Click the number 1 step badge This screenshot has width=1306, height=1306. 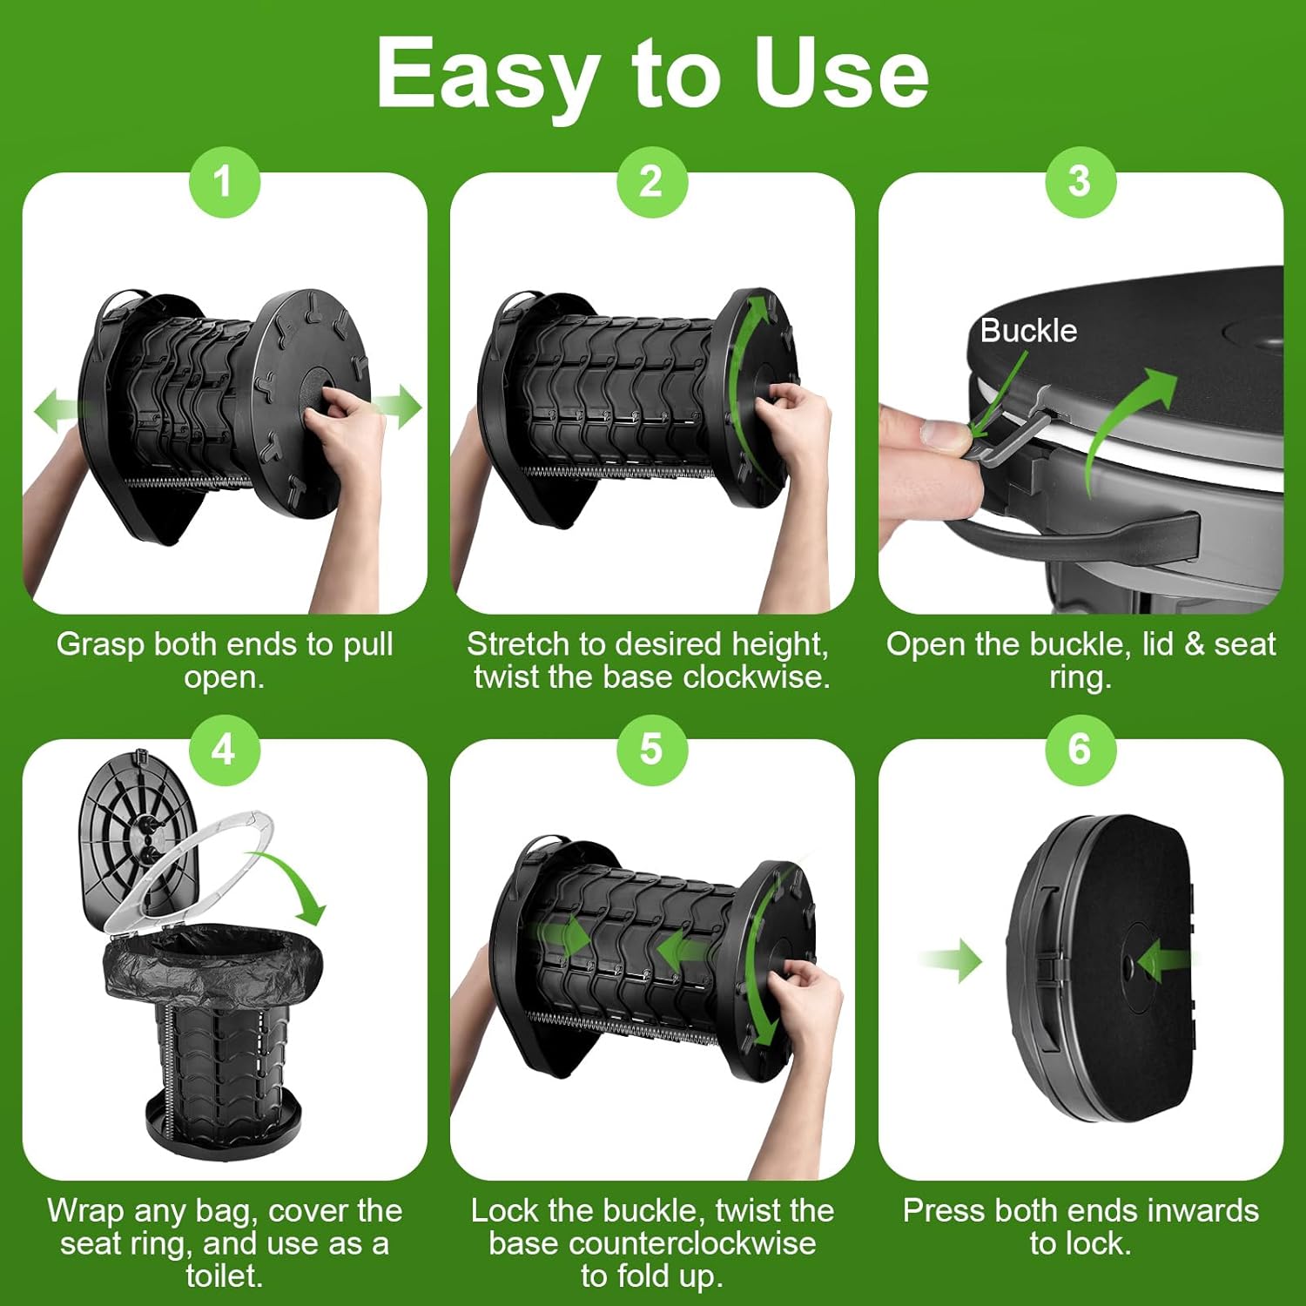point(225,182)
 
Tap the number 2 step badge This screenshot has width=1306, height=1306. point(652,182)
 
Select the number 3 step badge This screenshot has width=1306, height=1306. point(1080,182)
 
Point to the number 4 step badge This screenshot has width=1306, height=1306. point(225,749)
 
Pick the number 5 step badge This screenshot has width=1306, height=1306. point(652,749)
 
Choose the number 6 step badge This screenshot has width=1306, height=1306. point(1080,749)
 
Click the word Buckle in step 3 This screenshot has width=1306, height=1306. point(1028,331)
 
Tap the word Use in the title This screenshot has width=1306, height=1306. point(841,74)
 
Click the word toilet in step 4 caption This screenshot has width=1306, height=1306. point(224,1276)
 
